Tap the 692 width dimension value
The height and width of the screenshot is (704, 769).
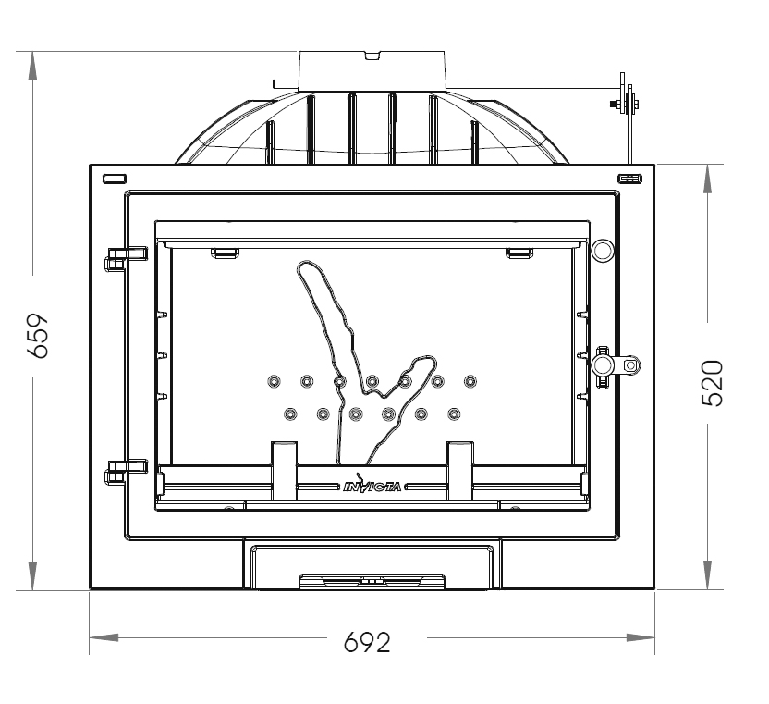pyautogui.click(x=367, y=641)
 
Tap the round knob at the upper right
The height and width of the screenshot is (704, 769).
pyautogui.click(x=602, y=250)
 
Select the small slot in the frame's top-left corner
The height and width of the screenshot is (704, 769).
pyautogui.click(x=114, y=178)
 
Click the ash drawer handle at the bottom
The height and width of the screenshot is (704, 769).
pyautogui.click(x=372, y=582)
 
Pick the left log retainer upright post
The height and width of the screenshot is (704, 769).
pyautogui.click(x=285, y=463)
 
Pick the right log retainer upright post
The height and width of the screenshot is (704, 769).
pyautogui.click(x=460, y=463)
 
